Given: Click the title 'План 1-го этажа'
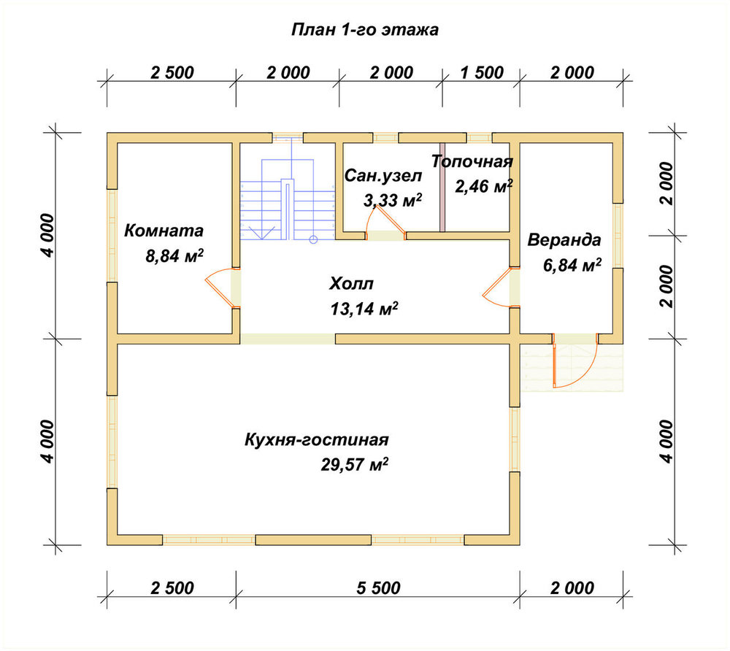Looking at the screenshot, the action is click(x=364, y=30).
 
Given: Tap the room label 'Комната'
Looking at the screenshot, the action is click(x=164, y=231).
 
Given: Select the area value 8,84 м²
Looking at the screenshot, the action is click(x=174, y=255).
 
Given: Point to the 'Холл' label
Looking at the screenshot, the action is click(x=352, y=283).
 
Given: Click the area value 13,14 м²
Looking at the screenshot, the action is click(x=364, y=309).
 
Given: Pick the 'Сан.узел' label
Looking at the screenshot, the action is click(x=383, y=176).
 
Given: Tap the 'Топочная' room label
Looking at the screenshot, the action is click(x=472, y=161).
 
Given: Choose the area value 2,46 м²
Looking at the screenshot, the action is click(x=484, y=187).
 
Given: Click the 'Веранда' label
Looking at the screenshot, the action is click(x=564, y=240).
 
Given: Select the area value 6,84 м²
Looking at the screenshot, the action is click(x=572, y=265).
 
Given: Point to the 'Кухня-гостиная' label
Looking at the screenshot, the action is click(x=317, y=440).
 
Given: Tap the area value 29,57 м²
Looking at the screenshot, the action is click(x=355, y=464).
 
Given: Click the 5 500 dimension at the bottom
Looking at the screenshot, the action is click(x=378, y=588).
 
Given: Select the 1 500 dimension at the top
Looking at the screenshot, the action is click(x=482, y=72).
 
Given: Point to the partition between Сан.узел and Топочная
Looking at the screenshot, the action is click(x=442, y=187).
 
